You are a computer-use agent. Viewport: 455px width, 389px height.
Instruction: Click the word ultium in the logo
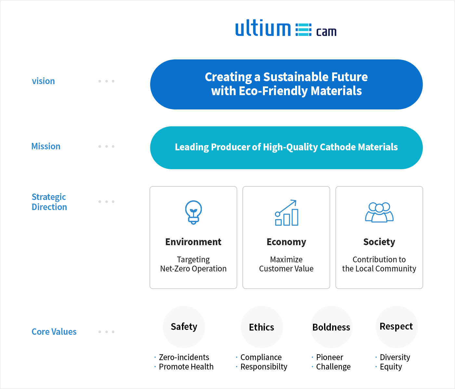[x=263, y=28]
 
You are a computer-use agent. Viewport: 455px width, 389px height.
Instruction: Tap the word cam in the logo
[x=326, y=32]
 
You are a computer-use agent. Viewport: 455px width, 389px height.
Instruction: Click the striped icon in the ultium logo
[x=303, y=30]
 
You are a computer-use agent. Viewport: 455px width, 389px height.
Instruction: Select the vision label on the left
[x=43, y=81]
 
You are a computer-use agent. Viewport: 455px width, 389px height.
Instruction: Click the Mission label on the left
[x=46, y=146]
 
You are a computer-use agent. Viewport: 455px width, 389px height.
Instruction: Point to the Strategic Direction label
[x=49, y=202]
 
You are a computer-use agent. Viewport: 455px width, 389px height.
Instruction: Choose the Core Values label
[x=54, y=332]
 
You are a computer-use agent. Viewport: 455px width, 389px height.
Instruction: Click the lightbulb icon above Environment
[x=193, y=212]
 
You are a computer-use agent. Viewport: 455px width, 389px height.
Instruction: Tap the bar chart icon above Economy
[x=287, y=213]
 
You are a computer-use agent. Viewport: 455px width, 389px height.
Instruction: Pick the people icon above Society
[x=379, y=212]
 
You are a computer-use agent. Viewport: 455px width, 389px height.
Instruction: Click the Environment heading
[x=193, y=242]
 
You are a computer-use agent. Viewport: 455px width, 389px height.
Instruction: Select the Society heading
[x=379, y=242]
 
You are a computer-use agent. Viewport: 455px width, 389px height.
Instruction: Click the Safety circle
[x=184, y=327]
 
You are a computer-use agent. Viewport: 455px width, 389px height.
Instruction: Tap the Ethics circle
[x=262, y=327]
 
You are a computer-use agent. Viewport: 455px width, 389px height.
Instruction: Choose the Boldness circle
[x=331, y=327]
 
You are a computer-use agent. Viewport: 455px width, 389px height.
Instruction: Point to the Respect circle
[x=396, y=327]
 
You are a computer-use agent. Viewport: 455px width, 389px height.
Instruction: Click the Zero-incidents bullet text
[x=184, y=357]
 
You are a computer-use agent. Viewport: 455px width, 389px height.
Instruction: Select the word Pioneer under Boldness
[x=330, y=357]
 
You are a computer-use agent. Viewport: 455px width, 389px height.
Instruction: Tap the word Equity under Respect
[x=391, y=367]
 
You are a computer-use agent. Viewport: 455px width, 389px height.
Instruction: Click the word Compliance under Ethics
[x=261, y=358]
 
